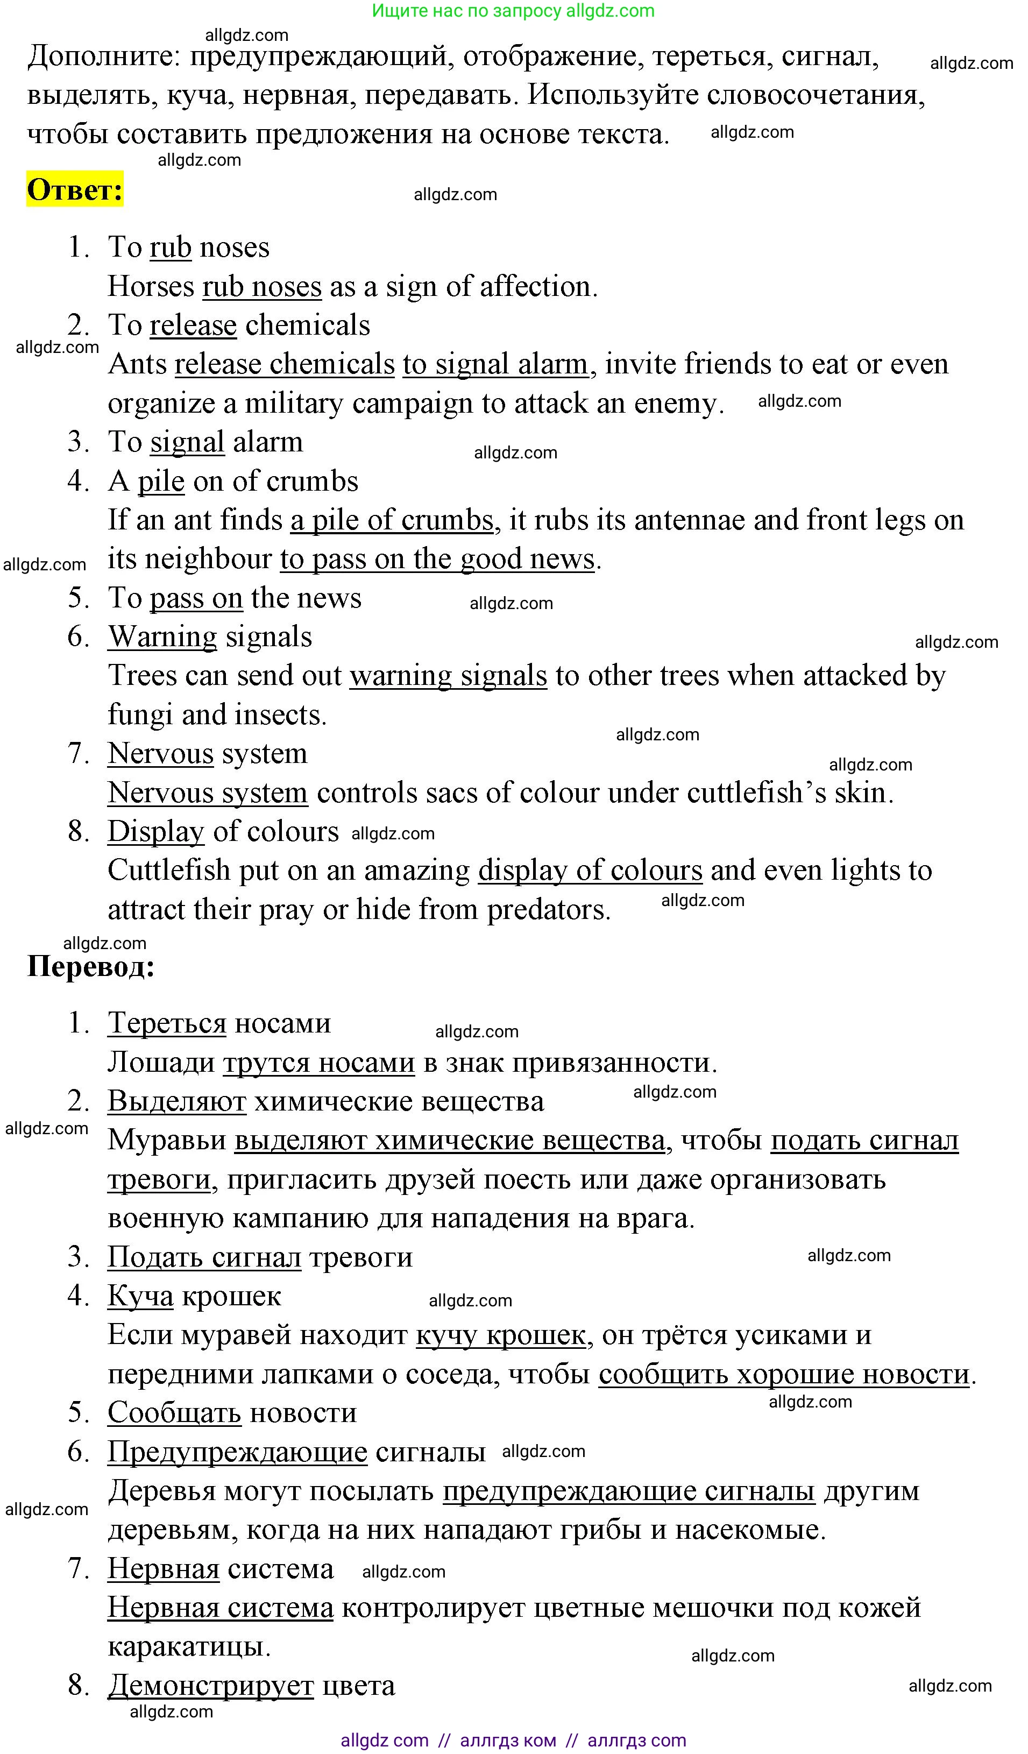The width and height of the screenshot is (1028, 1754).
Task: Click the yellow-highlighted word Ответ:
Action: click(74, 189)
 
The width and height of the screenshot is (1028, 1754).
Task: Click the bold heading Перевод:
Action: click(90, 966)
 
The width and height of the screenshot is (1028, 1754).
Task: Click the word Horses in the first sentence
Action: click(150, 287)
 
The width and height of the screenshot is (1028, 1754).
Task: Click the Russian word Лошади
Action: click(161, 1063)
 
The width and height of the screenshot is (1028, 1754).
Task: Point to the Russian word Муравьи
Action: click(167, 1141)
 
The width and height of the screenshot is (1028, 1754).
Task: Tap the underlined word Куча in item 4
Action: click(140, 1296)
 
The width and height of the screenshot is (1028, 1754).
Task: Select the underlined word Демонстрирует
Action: click(210, 1686)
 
